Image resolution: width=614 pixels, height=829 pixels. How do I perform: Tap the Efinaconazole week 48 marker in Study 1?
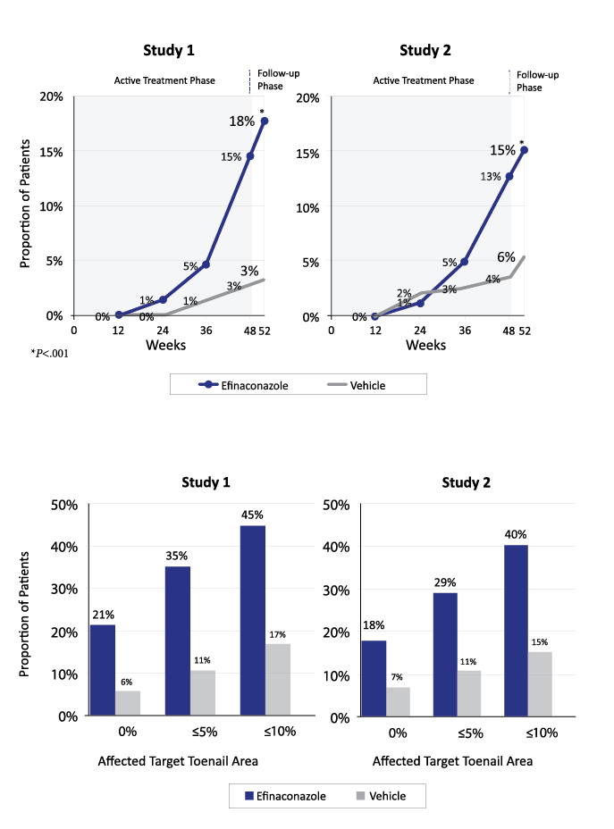(249, 156)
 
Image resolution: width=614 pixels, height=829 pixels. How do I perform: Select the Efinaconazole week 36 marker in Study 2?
(464, 262)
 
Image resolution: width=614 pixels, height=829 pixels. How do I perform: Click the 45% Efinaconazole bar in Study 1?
(253, 620)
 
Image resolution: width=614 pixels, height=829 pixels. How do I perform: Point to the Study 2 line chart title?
(426, 50)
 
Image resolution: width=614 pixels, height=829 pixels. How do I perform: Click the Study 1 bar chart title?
(206, 482)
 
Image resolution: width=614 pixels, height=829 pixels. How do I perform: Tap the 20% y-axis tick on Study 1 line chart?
(50, 96)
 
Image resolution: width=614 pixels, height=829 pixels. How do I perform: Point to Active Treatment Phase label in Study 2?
(423, 80)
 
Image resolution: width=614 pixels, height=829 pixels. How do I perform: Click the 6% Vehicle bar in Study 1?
(128, 702)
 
